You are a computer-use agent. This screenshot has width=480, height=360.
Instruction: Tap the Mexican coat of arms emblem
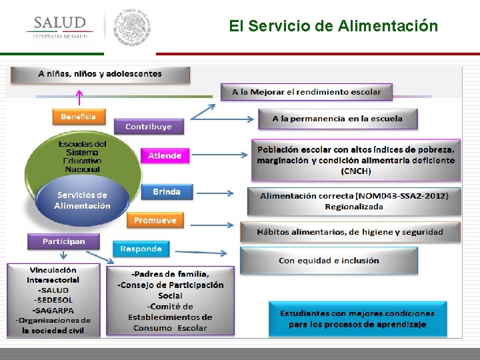132,27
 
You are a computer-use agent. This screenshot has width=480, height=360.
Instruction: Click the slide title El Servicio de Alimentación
333,26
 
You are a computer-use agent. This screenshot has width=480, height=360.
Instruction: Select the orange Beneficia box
79,117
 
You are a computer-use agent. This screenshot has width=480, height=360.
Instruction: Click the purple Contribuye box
148,126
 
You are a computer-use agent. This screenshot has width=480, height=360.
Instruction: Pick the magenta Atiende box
165,155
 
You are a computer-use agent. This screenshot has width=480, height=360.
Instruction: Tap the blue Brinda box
167,192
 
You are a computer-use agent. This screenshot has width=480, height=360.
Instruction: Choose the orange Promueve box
155,220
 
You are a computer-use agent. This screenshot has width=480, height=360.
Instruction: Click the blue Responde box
141,249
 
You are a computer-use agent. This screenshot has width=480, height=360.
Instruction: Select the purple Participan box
63,241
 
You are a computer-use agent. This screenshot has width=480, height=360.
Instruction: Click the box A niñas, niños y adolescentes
100,74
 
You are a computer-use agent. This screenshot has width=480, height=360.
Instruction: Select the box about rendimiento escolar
307,91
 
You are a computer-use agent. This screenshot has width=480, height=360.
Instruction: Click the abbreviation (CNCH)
356,171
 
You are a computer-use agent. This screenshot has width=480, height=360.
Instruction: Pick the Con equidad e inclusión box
329,260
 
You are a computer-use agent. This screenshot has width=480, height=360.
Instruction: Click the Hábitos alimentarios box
350,232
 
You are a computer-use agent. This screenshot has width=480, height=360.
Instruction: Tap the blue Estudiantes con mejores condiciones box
357,319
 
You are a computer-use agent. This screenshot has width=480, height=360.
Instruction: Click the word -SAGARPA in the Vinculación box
53,310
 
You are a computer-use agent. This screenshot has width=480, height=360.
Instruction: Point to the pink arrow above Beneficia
79,97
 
